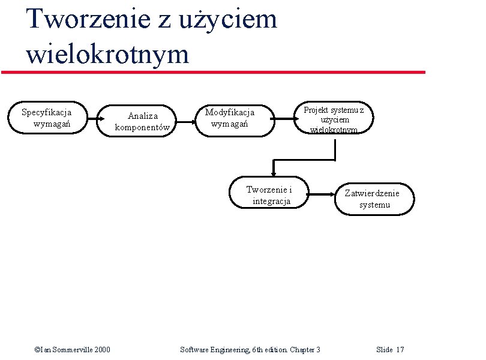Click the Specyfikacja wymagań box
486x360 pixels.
click(x=47, y=118)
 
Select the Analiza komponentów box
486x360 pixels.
click(x=143, y=121)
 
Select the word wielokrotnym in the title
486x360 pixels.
click(x=107, y=54)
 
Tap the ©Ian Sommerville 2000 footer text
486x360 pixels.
click(x=73, y=349)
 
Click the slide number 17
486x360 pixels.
click(x=400, y=349)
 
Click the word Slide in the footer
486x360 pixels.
click(x=384, y=349)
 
